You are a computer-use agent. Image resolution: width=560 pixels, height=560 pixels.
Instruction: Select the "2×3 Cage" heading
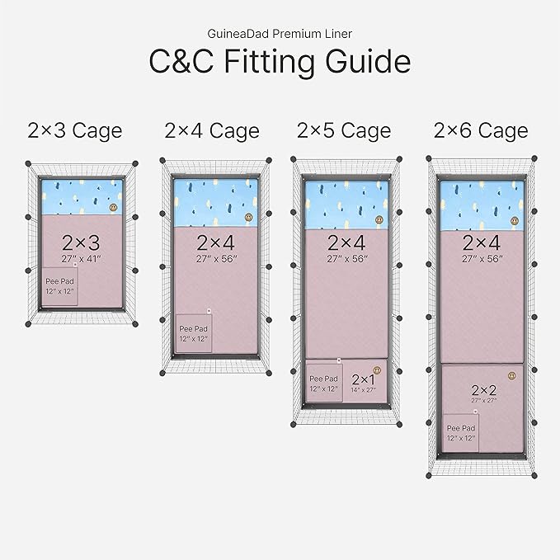point(74,130)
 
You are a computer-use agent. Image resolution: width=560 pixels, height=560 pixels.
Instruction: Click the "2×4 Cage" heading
point(211,130)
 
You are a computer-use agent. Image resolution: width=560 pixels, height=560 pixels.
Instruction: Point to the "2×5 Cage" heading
point(344,130)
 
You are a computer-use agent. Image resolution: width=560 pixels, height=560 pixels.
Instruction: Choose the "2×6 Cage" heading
point(481,130)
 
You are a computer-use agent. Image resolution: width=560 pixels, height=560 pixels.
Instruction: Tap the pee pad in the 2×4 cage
point(194,333)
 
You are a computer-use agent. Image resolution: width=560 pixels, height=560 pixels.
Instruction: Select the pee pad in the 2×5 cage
point(325,382)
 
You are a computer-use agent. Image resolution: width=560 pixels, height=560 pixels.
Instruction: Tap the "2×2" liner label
point(484,389)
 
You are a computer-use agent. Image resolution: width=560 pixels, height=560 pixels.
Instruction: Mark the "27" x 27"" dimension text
point(484,400)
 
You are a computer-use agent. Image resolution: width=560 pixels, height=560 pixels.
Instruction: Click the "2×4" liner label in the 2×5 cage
point(346,242)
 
